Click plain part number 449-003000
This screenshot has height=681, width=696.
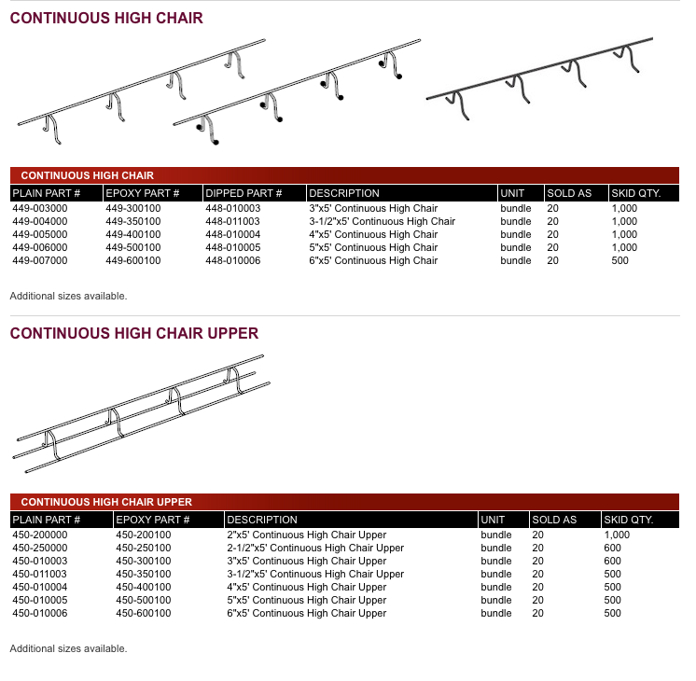click(x=39, y=208)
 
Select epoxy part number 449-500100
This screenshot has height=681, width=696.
click(x=132, y=247)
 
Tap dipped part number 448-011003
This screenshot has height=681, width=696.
click(x=232, y=221)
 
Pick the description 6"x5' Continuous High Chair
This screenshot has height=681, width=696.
click(x=373, y=260)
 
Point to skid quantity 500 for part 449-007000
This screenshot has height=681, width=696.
click(x=619, y=260)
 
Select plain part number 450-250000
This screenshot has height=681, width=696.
click(x=39, y=548)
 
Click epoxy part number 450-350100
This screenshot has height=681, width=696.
click(x=143, y=574)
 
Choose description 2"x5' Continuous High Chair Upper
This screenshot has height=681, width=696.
click(x=306, y=535)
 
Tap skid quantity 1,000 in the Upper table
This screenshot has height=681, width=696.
click(x=617, y=535)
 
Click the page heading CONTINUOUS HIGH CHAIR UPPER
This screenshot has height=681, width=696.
click(x=134, y=333)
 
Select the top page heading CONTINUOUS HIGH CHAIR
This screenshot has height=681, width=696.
click(x=106, y=18)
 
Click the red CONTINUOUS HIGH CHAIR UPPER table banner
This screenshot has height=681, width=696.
click(x=106, y=502)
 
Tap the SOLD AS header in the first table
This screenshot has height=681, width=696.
click(x=569, y=193)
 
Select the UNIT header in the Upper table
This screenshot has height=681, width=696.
click(x=493, y=520)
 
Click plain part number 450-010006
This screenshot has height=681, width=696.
click(x=39, y=613)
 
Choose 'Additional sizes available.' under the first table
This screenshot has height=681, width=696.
click(x=68, y=296)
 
